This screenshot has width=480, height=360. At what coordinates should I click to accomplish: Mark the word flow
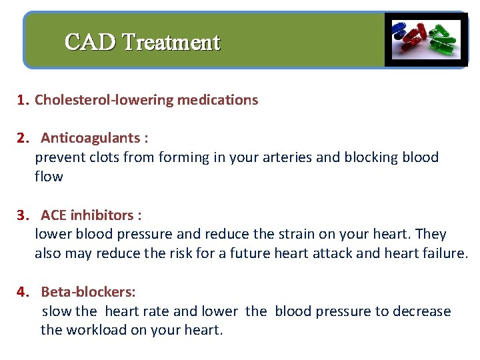coord(49,177)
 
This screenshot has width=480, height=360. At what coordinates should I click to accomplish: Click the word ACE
coord(54,215)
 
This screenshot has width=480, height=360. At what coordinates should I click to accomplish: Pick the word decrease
coord(422,311)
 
